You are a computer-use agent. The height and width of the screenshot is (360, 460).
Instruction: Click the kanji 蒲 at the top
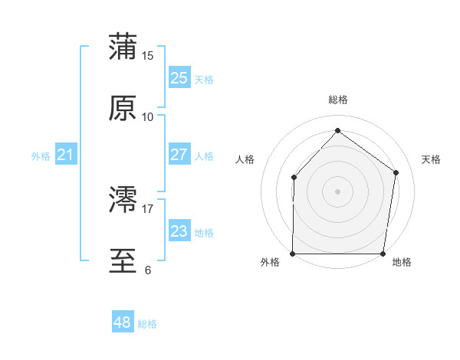[x=123, y=47]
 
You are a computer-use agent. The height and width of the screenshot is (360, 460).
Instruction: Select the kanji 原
[x=123, y=108]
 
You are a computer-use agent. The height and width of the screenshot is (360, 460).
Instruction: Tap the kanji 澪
[x=123, y=201]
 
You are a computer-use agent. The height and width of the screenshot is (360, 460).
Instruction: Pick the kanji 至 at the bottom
[x=123, y=261]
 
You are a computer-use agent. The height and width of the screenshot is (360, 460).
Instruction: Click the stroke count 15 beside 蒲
[x=148, y=56]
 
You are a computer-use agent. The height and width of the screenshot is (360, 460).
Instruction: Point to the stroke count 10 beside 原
[x=148, y=116]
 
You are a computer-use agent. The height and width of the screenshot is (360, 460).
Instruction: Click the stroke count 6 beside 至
[x=148, y=270]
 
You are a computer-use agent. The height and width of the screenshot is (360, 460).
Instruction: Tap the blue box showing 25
[x=179, y=78]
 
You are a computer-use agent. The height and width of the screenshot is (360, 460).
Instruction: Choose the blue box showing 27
[x=179, y=155]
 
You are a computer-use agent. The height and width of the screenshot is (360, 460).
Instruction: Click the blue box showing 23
[x=179, y=231]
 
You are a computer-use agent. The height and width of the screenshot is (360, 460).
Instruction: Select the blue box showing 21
[x=65, y=155]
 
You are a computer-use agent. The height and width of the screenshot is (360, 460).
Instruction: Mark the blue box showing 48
[x=122, y=322]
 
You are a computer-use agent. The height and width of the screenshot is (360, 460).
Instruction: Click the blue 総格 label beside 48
[x=147, y=324]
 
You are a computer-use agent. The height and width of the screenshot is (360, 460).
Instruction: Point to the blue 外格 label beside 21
[x=41, y=156]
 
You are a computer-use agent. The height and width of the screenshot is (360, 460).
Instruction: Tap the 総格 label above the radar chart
[x=338, y=100]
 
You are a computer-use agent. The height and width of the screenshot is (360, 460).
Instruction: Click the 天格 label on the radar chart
[x=431, y=159]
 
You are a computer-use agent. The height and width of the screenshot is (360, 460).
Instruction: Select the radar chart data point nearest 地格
[x=383, y=254]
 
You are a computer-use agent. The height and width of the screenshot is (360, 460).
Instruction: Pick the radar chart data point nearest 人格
[x=294, y=178]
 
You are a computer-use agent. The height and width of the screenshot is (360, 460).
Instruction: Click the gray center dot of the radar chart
[x=338, y=191]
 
